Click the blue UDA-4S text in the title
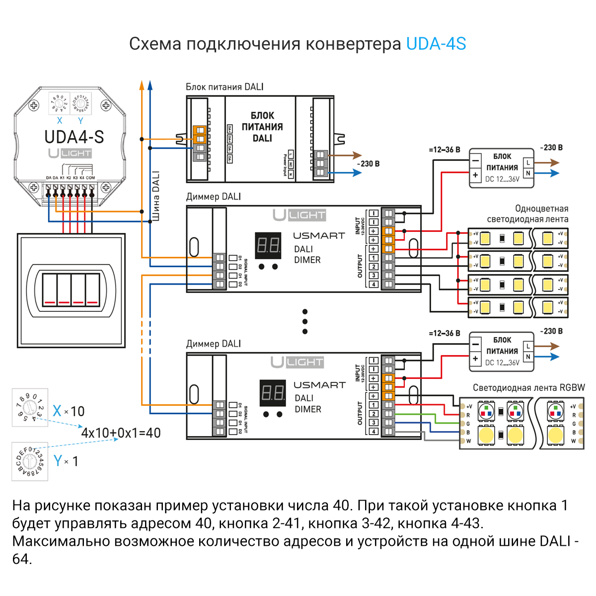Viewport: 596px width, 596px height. point(436,44)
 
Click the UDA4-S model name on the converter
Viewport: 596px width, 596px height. point(74,137)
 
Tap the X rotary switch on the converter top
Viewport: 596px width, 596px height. point(59,104)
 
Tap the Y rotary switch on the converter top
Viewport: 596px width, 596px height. point(81,104)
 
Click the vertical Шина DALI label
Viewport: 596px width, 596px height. point(156,196)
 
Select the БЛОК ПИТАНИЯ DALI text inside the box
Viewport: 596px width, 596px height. point(262,127)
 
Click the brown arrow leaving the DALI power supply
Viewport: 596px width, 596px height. point(350,155)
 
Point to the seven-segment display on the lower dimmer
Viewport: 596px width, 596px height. point(273,393)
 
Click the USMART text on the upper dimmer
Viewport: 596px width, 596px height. point(318,235)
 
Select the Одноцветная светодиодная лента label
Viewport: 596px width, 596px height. point(527,214)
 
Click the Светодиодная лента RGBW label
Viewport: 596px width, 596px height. point(528,388)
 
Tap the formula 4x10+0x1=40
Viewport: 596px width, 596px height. point(121,433)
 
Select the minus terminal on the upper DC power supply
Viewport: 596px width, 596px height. point(475,160)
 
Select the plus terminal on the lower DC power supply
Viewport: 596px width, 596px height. point(475,358)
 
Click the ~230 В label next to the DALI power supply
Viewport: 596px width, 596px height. point(368,164)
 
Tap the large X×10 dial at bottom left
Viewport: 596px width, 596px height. point(30,408)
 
